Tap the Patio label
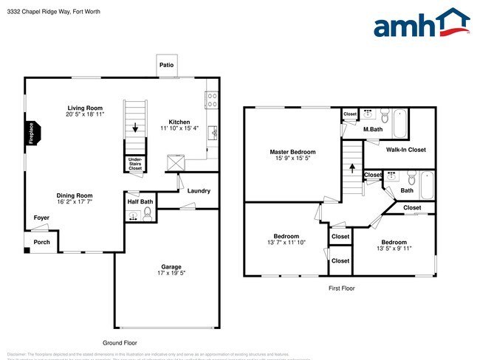(167, 66)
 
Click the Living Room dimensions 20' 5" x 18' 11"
(85, 115)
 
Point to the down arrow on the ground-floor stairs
(135, 126)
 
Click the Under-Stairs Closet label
(135, 163)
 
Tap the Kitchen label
(179, 122)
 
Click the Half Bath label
(140, 201)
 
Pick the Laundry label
(199, 191)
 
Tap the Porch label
(41, 241)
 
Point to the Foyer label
(41, 218)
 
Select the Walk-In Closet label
(405, 150)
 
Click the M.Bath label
(372, 130)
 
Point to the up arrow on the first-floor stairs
(352, 167)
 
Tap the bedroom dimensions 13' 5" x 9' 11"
(393, 249)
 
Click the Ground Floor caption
(119, 342)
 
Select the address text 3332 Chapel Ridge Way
(37, 12)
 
